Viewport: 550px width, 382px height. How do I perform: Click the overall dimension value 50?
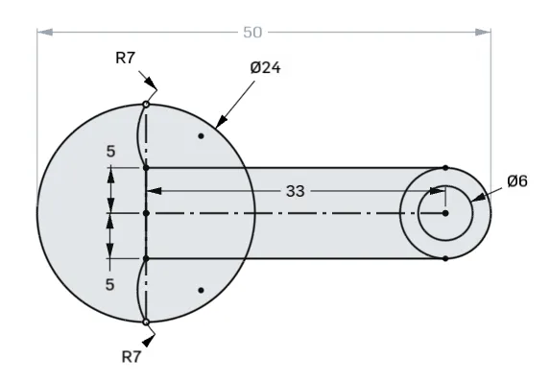click(x=252, y=32)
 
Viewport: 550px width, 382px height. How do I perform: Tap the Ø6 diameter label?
click(x=517, y=180)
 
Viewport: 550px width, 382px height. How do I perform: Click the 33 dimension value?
click(x=295, y=191)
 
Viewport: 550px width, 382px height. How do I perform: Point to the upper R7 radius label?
click(x=125, y=59)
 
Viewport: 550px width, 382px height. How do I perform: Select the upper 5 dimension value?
click(x=111, y=151)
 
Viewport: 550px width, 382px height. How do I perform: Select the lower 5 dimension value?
click(x=111, y=285)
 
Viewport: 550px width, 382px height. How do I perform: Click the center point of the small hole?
click(x=445, y=213)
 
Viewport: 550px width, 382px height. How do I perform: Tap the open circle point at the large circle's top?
click(x=146, y=105)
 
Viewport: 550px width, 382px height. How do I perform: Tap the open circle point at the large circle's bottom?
click(x=146, y=322)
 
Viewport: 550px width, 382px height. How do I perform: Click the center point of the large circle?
click(x=146, y=213)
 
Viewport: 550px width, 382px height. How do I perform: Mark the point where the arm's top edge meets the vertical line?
click(x=146, y=167)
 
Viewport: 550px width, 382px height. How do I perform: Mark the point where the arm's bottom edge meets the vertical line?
click(x=146, y=258)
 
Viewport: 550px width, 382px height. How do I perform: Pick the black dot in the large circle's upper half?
click(x=201, y=136)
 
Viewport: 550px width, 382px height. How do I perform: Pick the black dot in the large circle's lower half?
click(x=201, y=290)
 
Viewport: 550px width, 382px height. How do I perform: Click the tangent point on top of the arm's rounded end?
click(x=445, y=167)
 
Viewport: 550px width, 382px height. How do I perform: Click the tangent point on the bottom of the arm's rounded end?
click(x=445, y=258)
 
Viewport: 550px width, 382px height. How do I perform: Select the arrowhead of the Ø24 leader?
click(x=219, y=125)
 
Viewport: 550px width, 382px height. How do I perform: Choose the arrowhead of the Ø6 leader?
click(x=475, y=199)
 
